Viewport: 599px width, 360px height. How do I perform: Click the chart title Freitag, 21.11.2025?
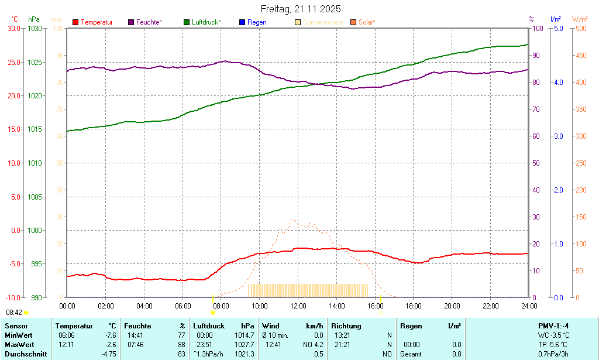point(300,9)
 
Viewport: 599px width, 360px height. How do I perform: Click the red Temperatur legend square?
point(75,22)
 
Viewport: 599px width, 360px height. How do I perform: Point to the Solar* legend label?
point(367,22)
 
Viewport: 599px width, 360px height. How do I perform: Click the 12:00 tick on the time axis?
point(298,306)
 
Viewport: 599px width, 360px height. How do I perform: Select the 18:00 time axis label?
point(413,306)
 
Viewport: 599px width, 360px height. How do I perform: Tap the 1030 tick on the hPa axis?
point(35,28)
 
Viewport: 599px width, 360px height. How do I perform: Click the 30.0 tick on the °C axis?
point(13,28)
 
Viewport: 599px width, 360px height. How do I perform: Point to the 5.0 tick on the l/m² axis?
point(558,28)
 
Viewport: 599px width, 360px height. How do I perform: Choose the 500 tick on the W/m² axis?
point(580,28)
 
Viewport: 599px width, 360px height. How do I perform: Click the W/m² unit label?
point(580,19)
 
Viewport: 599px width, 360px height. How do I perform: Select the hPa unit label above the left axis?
point(34,19)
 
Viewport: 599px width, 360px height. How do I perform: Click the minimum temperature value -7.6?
point(109,335)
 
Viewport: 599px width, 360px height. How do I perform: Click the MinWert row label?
point(19,335)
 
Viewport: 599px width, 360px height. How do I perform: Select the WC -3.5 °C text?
point(553,335)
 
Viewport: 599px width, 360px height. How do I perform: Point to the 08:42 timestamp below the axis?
point(14,313)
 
